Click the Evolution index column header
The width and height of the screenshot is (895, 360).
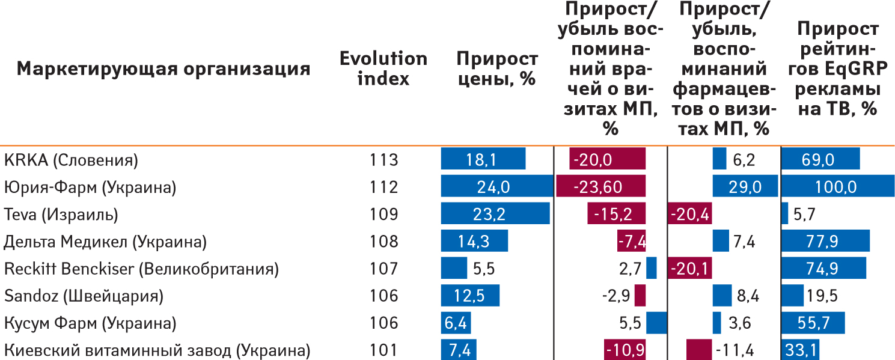click(x=383, y=68)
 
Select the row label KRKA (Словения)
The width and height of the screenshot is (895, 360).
click(x=71, y=160)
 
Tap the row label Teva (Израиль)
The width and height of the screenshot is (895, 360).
click(x=61, y=215)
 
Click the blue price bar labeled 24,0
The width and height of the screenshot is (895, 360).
click(x=496, y=187)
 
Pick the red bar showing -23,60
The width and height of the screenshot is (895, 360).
click(x=600, y=187)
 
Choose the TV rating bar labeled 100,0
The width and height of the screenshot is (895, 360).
click(x=837, y=187)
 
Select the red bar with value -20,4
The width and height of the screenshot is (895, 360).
click(x=689, y=215)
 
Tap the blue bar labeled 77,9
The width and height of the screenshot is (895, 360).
click(x=825, y=242)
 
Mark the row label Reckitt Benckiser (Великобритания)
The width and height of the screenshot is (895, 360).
click(x=141, y=269)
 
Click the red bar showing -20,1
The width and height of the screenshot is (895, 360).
click(x=690, y=269)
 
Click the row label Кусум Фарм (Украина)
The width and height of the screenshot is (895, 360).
click(x=90, y=323)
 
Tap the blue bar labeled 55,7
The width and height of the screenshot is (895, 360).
click(x=813, y=323)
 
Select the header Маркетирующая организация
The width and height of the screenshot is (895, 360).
click(x=163, y=69)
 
